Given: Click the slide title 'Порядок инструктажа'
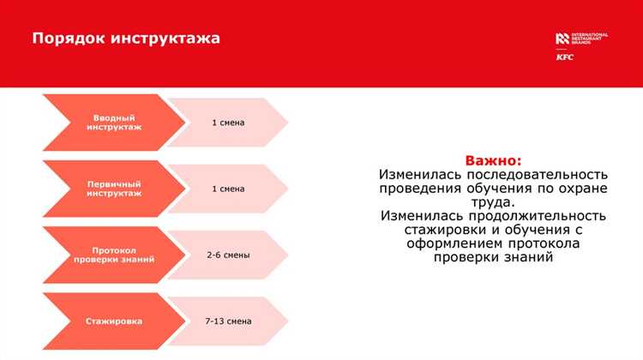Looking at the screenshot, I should pos(126,39).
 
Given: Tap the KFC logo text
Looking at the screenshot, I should pos(565,57).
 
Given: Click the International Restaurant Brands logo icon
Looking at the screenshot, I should pos(562,38).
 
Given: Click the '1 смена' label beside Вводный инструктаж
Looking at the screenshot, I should pos(228,123).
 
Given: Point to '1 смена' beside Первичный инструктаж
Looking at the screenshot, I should pos(228,189).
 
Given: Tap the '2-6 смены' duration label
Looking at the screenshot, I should pos(228,255).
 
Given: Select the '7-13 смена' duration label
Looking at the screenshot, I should pos(228,321).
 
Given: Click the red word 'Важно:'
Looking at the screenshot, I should pos(493,160).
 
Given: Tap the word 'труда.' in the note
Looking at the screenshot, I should pos(493,202).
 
